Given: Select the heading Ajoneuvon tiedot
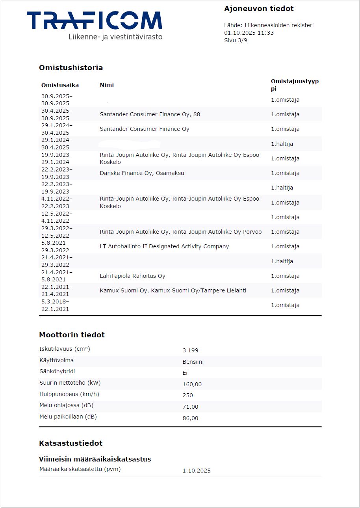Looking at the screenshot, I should coord(259,9).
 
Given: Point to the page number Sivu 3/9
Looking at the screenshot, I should coord(236,40).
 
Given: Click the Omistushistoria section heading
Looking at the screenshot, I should coord(71,68).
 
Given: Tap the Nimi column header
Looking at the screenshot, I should coord(107,85).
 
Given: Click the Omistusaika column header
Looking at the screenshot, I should coord(60,85).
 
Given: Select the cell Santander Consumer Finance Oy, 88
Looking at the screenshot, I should coord(150,115).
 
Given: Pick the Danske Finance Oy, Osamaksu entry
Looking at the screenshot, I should coord(142,173).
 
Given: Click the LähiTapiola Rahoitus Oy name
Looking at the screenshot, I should coord(132,276).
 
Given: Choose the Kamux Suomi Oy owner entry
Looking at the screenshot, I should coord(173,291).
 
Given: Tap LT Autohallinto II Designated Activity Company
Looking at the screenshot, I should coord(164,247).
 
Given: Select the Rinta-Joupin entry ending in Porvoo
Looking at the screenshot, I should coord(180,232).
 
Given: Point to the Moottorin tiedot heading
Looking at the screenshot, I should coord(72,335).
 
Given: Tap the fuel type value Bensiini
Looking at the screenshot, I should coord(193,362).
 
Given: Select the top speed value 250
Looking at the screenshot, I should coord(188,395).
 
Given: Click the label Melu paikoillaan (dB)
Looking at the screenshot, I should coord(68,417).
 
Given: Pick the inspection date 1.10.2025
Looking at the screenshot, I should coord(197,471).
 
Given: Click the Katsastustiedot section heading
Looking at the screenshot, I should coord(71,443).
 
